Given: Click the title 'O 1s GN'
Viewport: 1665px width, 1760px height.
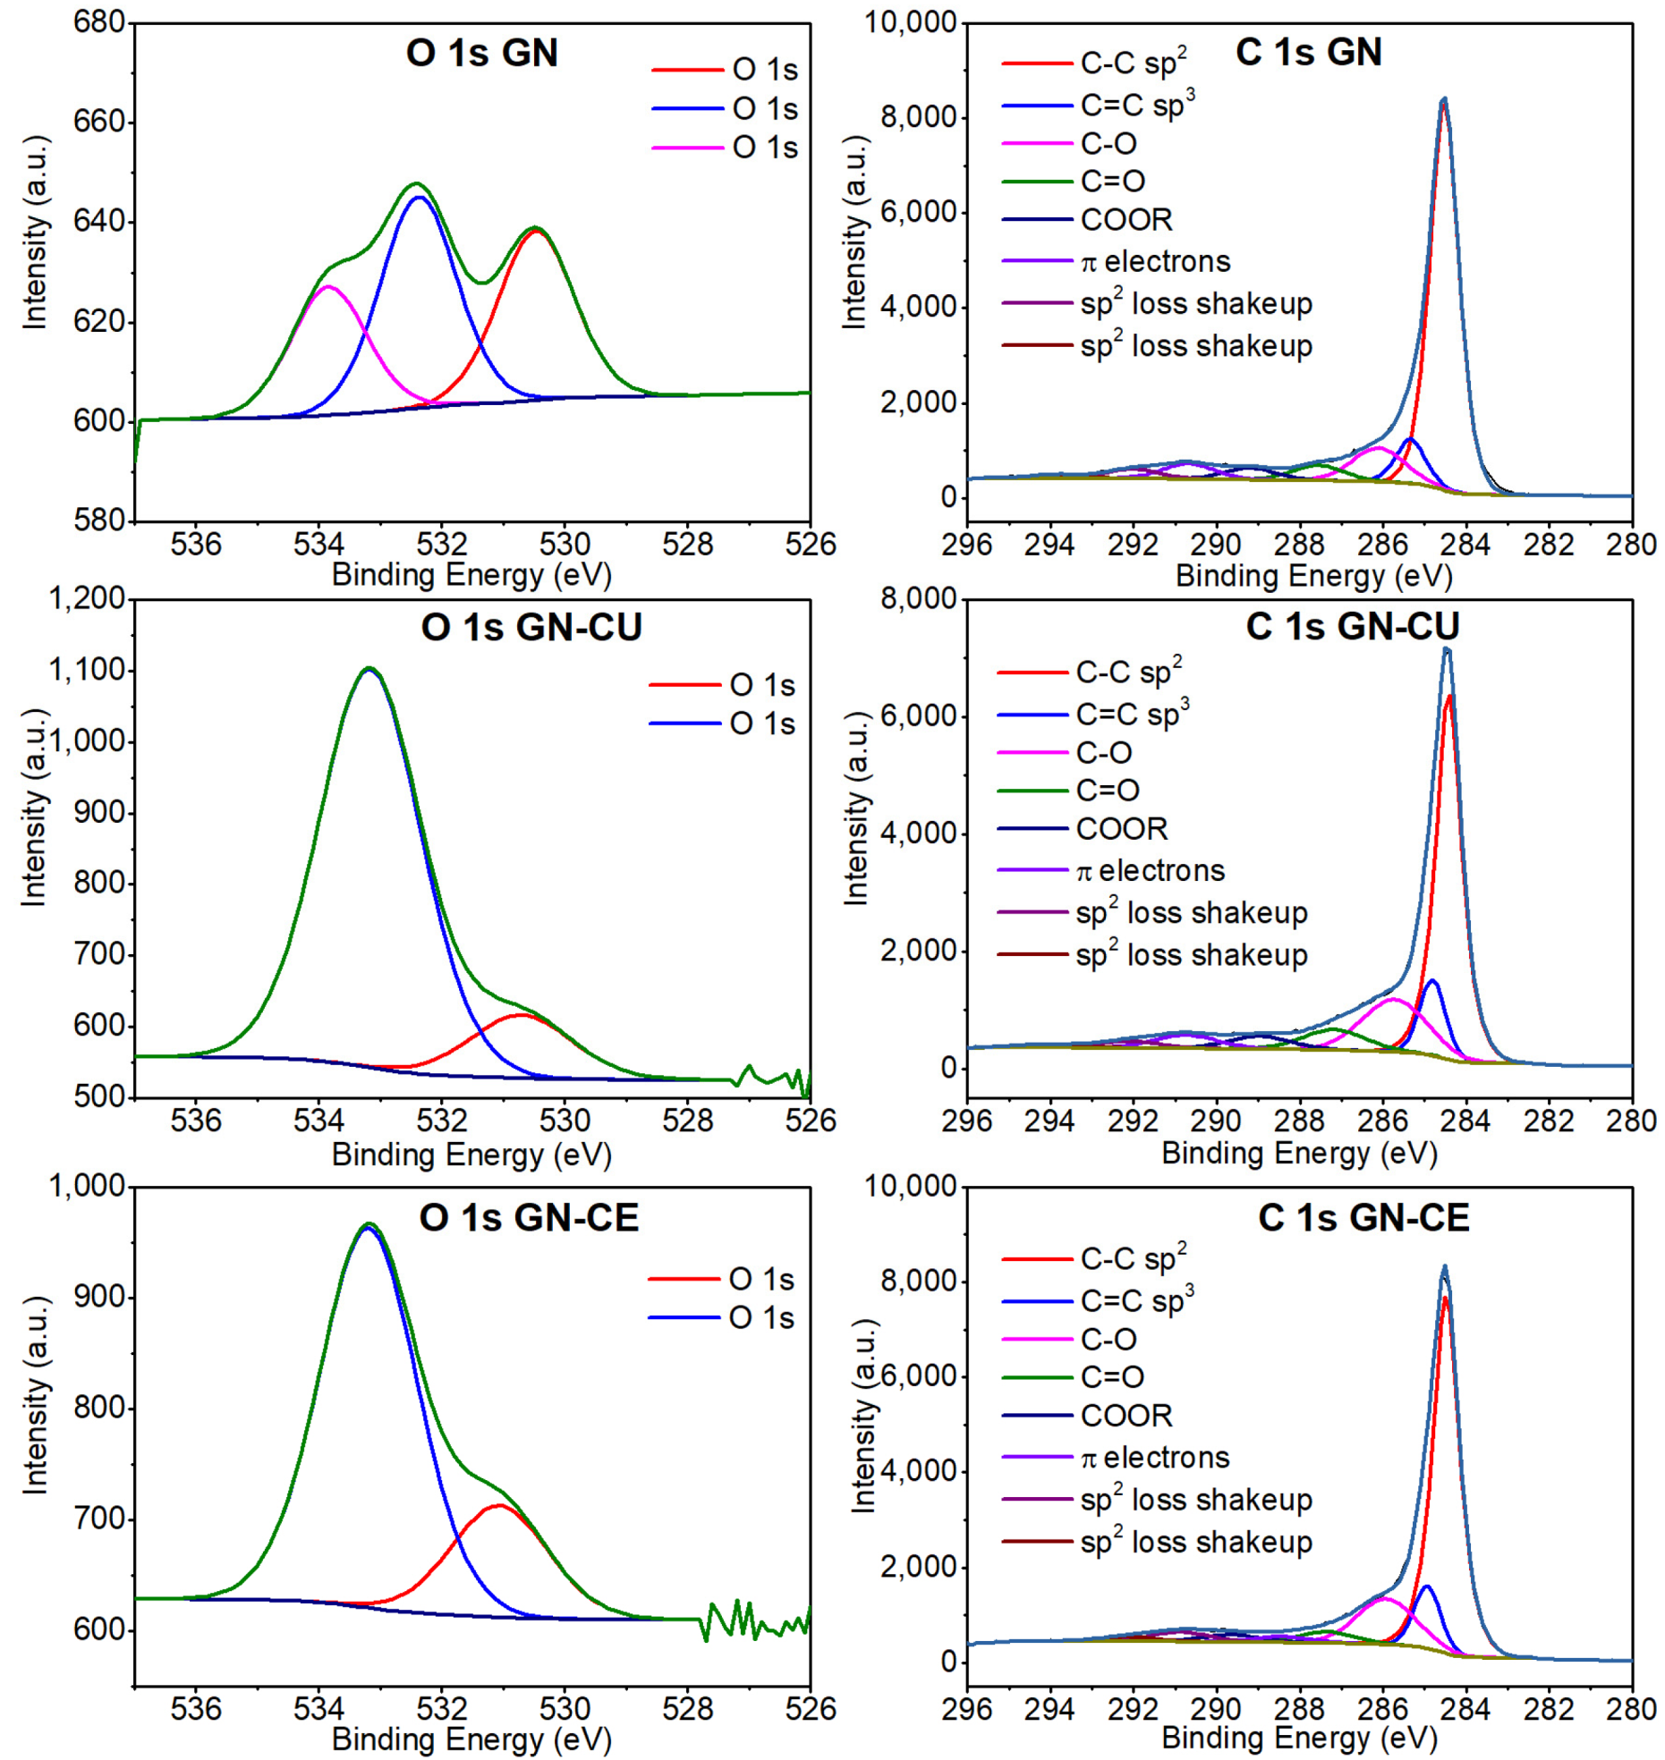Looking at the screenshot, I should (x=481, y=53).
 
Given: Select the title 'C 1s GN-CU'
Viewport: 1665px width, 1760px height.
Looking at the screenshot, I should (x=1352, y=626).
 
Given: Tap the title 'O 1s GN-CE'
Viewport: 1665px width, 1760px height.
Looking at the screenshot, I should (x=529, y=1217).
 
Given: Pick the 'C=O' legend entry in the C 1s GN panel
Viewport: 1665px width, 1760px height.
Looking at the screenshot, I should (x=1112, y=182).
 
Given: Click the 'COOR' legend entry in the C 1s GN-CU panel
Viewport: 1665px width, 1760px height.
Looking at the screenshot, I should (x=1121, y=829).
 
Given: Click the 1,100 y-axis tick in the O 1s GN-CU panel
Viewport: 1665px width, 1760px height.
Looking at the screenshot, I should (x=86, y=670).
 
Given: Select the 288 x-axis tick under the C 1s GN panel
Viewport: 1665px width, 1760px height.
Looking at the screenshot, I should (x=1299, y=545).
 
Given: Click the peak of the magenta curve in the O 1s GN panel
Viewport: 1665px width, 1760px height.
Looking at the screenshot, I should (x=327, y=286).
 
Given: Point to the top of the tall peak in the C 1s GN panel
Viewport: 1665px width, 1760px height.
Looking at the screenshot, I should (x=1443, y=99).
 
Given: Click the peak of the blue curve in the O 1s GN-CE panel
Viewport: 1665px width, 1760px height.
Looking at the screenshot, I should (x=368, y=1229).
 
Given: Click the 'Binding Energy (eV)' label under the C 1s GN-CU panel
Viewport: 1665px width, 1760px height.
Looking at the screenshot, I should (x=1298, y=1153).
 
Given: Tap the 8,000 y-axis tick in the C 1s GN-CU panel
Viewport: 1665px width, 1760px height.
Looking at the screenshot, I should (x=918, y=599).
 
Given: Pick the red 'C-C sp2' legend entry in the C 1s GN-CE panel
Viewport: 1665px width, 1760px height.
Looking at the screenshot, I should (x=1133, y=1258).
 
